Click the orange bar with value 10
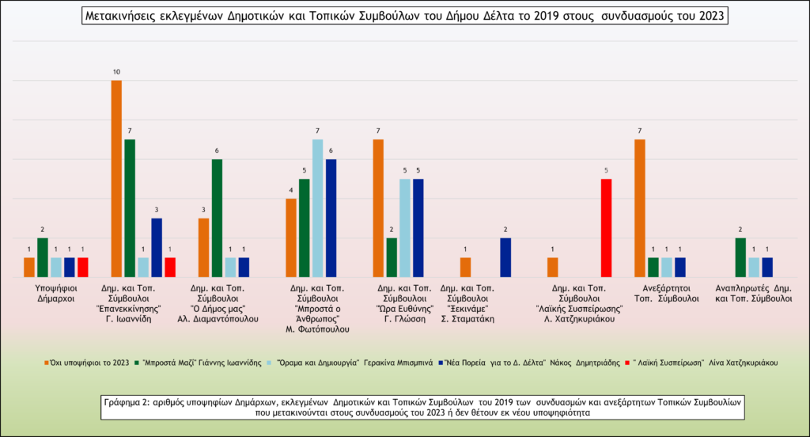116,179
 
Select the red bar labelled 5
606,228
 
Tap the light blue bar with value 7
317,208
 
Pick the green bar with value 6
217,218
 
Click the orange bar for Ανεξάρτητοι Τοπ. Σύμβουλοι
640,208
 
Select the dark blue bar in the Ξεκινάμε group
505,257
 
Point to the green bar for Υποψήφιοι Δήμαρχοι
43,257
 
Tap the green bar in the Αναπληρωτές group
740,257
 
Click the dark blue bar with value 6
331,218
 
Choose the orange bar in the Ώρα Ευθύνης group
378,208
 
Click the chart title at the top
404,16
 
